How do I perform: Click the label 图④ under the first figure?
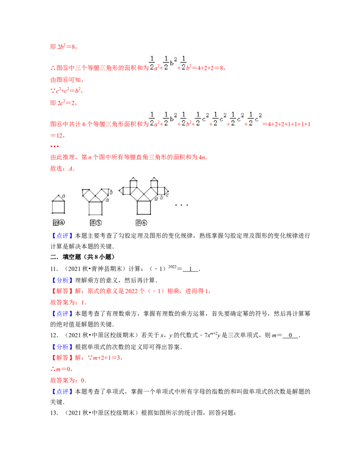(x=59, y=222)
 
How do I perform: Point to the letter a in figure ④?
(x=64, y=196)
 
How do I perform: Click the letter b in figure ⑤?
(x=111, y=192)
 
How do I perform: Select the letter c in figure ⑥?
(x=167, y=195)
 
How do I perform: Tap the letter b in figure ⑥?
(x=161, y=197)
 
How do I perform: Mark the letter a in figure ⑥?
(x=156, y=198)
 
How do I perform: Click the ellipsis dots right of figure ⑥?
(x=181, y=205)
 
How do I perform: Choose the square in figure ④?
(x=58, y=207)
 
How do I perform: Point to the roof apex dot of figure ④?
(x=58, y=195)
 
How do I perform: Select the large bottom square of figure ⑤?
(x=95, y=208)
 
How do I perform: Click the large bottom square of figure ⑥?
(x=144, y=208)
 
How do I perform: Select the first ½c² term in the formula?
(x=202, y=119)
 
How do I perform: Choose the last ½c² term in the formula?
(x=254, y=119)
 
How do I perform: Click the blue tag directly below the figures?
(x=61, y=235)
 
